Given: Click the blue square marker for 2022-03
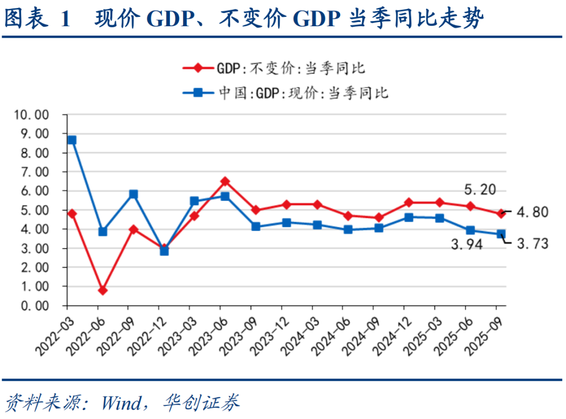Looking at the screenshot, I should (72, 140).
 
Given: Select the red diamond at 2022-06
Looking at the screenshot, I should (103, 290).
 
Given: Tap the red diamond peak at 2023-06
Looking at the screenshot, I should (225, 181).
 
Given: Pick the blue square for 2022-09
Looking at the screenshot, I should (133, 194).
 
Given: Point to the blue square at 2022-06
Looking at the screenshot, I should (103, 232).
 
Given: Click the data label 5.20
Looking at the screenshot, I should (480, 190).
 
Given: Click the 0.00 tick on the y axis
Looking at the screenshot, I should (34, 306).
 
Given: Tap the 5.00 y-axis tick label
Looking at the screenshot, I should (34, 210).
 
